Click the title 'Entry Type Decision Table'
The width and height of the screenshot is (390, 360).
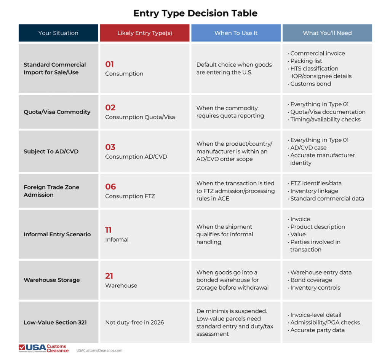[x=195, y=13]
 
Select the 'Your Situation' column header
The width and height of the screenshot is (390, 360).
[x=58, y=33]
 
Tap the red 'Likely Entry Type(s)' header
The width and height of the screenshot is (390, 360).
[x=144, y=33]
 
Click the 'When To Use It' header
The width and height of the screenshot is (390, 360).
[x=236, y=33]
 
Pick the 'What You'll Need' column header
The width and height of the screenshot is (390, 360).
[x=327, y=33]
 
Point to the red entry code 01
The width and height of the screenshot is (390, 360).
[x=110, y=64]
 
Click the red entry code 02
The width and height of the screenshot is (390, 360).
[x=110, y=108]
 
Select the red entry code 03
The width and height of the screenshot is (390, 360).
[x=110, y=147]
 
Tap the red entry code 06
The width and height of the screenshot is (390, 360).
[x=110, y=187]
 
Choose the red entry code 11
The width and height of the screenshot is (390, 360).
[x=109, y=230]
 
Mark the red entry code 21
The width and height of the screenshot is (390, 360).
[x=109, y=276]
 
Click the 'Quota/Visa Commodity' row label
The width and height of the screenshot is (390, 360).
[x=57, y=112]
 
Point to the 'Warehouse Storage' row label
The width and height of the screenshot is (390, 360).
[x=52, y=280]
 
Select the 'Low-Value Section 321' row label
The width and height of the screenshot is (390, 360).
[x=55, y=323]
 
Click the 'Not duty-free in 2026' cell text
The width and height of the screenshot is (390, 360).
[x=134, y=323]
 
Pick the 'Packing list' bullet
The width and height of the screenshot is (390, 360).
[x=306, y=61]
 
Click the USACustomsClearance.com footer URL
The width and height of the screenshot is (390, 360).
[x=99, y=350]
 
